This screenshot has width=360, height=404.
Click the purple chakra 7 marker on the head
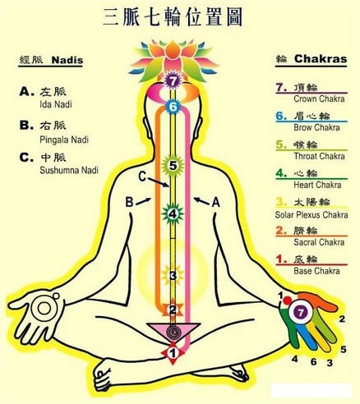coord(172,81)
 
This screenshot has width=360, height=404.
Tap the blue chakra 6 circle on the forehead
coord(173,107)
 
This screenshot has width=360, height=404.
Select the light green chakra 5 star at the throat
coord(173,166)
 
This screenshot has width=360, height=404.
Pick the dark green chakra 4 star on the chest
coord(173,214)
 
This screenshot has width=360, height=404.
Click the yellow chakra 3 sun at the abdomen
coord(173,276)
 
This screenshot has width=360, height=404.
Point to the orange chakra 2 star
coord(173,310)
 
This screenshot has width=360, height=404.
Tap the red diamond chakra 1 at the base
coord(173,353)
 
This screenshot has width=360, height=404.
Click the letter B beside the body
coord(129,203)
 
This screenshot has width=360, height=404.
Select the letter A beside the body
coord(216,203)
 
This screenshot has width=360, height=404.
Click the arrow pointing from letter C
coord(159,182)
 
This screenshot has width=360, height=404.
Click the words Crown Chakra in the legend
coord(319,99)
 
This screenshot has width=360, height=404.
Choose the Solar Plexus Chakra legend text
coord(312,215)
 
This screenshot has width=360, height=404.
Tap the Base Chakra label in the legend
coord(316,271)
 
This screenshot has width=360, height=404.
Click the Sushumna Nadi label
coord(69,170)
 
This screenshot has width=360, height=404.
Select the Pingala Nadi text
coord(64,140)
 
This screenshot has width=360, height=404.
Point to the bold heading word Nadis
coord(67,60)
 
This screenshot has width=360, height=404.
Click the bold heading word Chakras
coord(321,59)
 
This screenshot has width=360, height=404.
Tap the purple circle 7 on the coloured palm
coord(301,312)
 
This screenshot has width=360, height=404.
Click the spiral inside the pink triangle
coord(173,332)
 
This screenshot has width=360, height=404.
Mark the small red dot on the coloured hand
coord(287,301)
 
